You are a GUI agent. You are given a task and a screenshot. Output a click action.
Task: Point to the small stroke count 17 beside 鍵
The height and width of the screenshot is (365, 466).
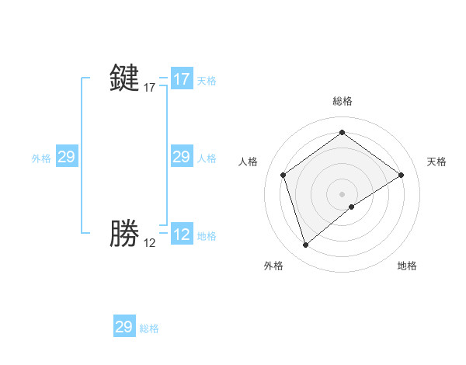pyautogui.click(x=149, y=88)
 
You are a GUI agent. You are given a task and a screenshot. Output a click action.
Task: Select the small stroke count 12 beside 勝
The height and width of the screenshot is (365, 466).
pyautogui.click(x=149, y=243)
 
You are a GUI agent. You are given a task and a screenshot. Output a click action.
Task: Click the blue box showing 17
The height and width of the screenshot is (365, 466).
pyautogui.click(x=182, y=79)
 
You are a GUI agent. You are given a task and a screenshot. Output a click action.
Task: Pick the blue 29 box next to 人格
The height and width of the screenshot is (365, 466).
pyautogui.click(x=181, y=158)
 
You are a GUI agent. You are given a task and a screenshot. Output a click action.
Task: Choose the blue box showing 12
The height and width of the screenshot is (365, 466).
pyautogui.click(x=182, y=235)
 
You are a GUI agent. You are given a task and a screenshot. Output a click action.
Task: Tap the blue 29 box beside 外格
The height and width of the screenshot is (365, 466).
pyautogui.click(x=67, y=158)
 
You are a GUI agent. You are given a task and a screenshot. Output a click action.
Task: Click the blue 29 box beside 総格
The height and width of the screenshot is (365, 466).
pyautogui.click(x=124, y=327)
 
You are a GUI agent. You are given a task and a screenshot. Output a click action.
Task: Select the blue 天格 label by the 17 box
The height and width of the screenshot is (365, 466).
pyautogui.click(x=207, y=81)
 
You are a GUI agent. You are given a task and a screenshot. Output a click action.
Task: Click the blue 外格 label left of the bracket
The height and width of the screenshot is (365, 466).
pyautogui.click(x=41, y=158)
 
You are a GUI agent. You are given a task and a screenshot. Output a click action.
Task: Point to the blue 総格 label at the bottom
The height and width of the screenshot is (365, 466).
pyautogui.click(x=149, y=328)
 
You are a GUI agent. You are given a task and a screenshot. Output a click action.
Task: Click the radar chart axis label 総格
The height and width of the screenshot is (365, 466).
pyautogui.click(x=342, y=101)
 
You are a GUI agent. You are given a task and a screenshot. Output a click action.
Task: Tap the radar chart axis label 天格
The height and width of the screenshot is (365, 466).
pyautogui.click(x=436, y=162)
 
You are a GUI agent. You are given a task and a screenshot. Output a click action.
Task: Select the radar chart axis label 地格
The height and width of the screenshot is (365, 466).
pyautogui.click(x=407, y=266)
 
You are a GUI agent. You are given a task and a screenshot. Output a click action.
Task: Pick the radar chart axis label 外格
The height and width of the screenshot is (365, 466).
pyautogui.click(x=273, y=266)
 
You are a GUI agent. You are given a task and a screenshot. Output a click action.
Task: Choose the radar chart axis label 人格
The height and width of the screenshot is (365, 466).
pyautogui.click(x=249, y=162)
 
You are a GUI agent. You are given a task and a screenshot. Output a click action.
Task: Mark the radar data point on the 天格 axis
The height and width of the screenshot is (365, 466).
pyautogui.click(x=401, y=176)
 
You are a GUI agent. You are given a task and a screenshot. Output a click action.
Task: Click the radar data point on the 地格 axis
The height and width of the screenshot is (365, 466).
pyautogui.click(x=352, y=207)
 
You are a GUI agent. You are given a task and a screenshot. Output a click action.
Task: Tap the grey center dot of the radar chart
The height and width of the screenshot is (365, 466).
pyautogui.click(x=342, y=193)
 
